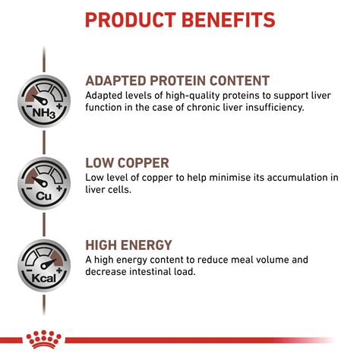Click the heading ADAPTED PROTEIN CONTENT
coord(177,81)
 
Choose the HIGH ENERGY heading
coord(129,245)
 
